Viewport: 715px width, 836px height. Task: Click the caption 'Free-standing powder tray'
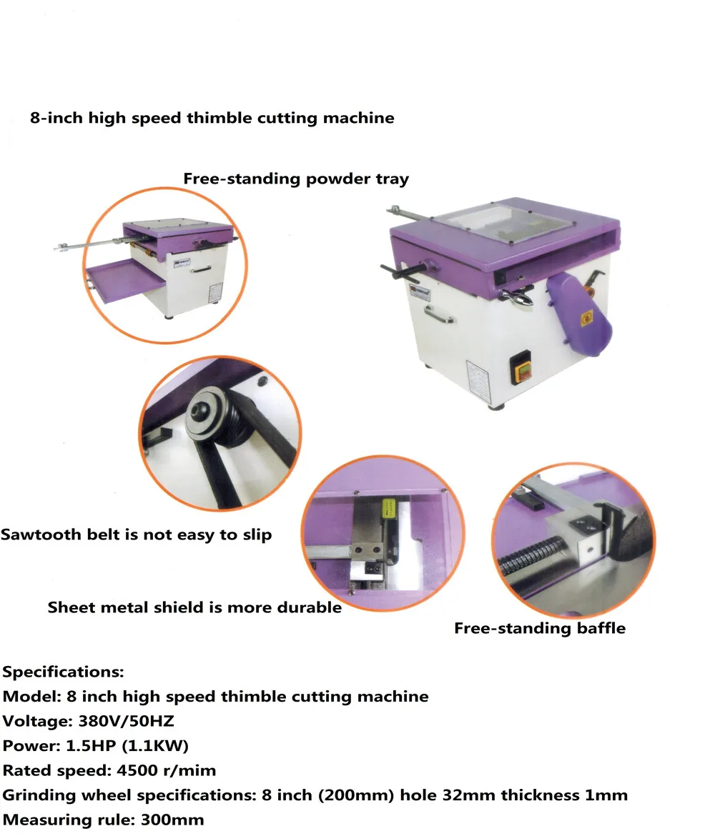(x=296, y=179)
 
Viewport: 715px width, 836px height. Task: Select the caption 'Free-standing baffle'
(x=540, y=629)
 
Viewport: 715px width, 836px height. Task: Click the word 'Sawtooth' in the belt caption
(x=37, y=534)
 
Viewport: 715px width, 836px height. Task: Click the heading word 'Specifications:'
(x=64, y=672)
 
